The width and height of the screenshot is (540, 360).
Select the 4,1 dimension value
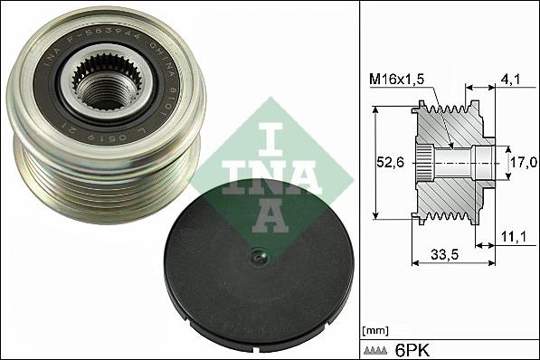tap(511, 79)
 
